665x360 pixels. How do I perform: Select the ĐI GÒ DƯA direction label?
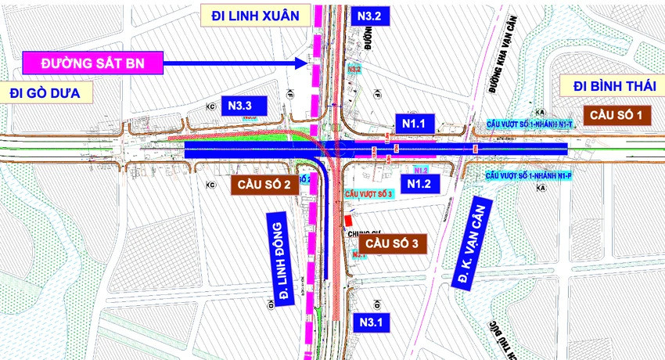pyautogui.click(x=46, y=93)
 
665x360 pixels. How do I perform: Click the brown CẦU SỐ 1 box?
pyautogui.click(x=617, y=115)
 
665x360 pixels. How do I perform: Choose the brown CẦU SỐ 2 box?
pyautogui.click(x=262, y=185)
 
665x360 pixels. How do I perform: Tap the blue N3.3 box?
pyautogui.click(x=244, y=104)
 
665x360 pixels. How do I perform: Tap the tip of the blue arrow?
pyautogui.click(x=307, y=63)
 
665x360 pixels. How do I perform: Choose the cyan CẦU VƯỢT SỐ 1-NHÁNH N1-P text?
pyautogui.click(x=528, y=177)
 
